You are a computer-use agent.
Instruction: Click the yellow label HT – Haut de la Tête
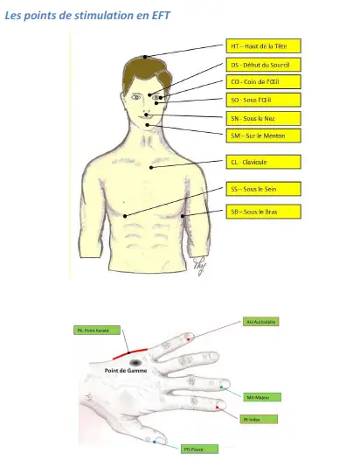263,45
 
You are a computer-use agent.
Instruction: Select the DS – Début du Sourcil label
263,65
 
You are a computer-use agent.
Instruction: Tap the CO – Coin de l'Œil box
263,81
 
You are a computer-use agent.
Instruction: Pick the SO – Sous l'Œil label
263,100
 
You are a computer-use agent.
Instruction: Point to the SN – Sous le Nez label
263,118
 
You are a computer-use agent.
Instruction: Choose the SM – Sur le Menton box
263,136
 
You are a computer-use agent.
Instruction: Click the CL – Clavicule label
263,162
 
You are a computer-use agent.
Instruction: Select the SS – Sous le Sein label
263,188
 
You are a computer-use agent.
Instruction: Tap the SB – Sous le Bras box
263,211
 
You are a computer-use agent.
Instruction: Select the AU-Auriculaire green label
261,322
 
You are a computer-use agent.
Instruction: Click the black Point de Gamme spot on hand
135,361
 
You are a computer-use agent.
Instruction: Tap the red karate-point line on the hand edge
132,349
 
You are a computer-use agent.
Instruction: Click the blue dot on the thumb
156,442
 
